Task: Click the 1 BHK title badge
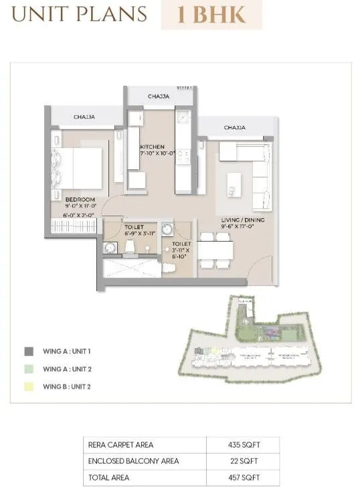click(x=211, y=15)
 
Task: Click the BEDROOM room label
click(x=80, y=199)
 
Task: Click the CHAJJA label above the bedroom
click(x=84, y=116)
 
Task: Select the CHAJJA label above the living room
click(x=234, y=127)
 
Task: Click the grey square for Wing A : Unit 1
click(x=29, y=351)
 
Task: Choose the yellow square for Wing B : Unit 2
click(x=29, y=386)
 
